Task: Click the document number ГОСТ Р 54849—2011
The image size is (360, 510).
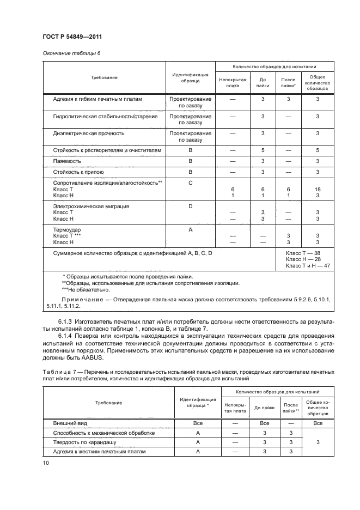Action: tap(72, 37)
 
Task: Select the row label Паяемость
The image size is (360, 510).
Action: tap(66, 161)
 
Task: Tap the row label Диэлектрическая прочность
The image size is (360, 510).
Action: tap(89, 133)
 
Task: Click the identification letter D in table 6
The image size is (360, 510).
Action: tap(191, 207)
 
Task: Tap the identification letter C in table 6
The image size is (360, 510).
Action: tap(191, 183)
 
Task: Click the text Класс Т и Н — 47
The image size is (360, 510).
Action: tap(308, 266)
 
